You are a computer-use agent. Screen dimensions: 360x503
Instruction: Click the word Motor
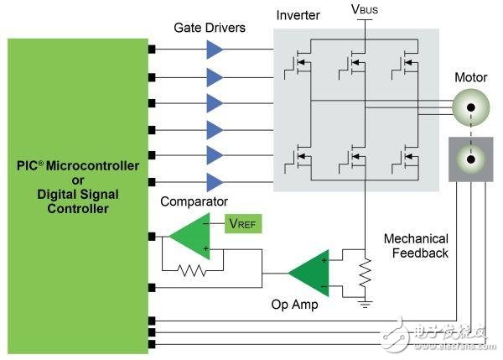pos(470,78)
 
